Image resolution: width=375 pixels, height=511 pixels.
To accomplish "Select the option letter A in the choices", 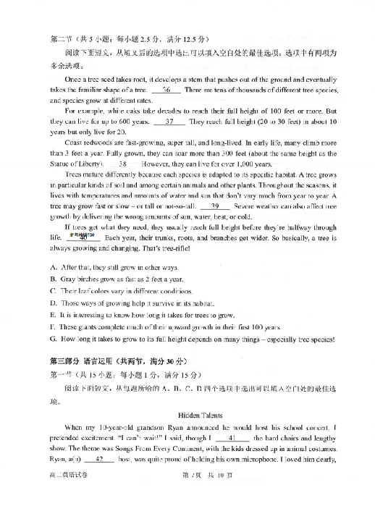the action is [54, 268].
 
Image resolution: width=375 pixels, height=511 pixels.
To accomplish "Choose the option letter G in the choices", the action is [54, 337].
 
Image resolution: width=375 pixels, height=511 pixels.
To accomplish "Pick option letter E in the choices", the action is [54, 314].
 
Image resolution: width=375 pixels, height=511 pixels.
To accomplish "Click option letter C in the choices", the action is [54, 291].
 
